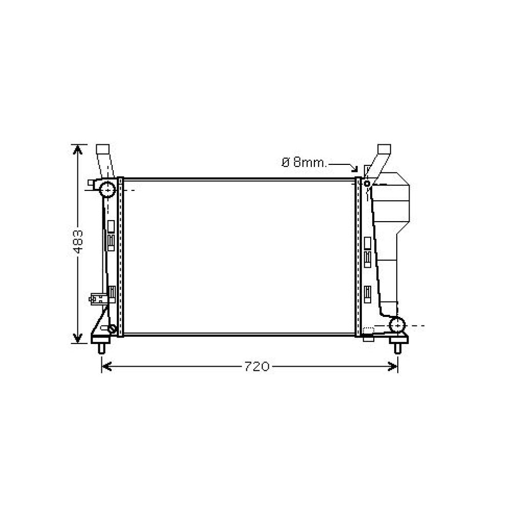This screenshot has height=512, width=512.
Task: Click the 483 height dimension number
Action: (78, 242)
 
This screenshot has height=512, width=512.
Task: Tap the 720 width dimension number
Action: (257, 367)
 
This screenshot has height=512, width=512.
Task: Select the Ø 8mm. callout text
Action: (304, 162)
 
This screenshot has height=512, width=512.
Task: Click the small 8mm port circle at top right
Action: (367, 183)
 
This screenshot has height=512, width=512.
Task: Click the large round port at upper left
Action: (108, 189)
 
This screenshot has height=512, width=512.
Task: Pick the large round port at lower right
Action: (397, 325)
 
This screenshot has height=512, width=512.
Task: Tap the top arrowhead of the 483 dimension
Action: (78, 149)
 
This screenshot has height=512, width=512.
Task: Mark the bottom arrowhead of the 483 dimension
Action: (78, 338)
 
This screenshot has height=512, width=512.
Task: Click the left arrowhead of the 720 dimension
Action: (106, 367)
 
